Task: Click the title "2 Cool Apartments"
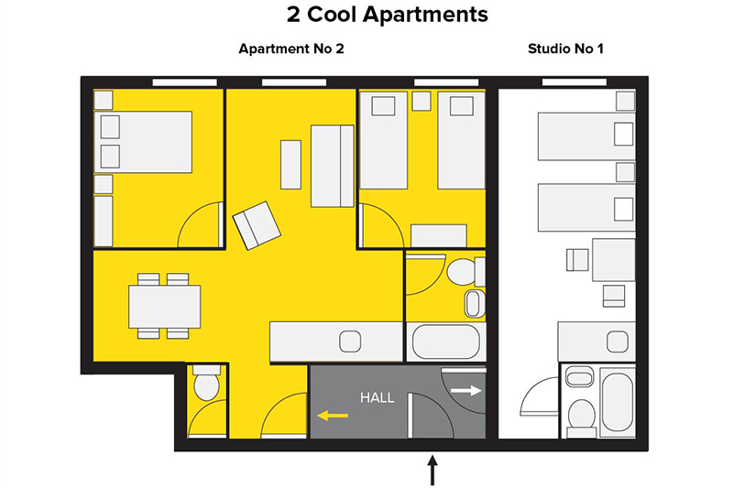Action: click(387, 15)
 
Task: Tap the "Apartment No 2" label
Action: click(291, 49)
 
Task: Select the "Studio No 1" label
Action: click(565, 49)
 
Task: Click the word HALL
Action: click(377, 398)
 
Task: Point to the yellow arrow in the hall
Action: click(333, 415)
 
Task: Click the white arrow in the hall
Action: click(466, 390)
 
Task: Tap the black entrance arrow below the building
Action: click(432, 471)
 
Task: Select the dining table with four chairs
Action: click(165, 306)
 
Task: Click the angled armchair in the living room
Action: click(257, 225)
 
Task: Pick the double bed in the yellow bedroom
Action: click(143, 142)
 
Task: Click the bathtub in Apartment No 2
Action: click(446, 342)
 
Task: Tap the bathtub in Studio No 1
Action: click(617, 402)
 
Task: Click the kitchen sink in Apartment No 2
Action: click(350, 342)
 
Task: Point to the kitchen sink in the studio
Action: click(617, 342)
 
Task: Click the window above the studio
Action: click(574, 82)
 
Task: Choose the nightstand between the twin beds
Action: click(421, 101)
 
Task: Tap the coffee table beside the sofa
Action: click(290, 165)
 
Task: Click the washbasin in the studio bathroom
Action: click(580, 376)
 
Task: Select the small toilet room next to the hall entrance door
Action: click(207, 401)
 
